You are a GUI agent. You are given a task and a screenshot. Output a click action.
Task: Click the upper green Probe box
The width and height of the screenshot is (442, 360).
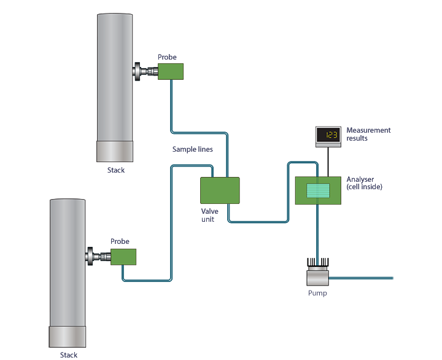click(x=171, y=71)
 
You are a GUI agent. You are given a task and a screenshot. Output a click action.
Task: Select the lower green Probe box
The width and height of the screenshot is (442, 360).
click(x=123, y=257)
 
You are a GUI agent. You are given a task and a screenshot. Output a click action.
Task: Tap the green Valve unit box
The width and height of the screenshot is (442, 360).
click(x=220, y=190)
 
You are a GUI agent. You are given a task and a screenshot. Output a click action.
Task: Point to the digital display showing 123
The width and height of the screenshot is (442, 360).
click(x=328, y=135)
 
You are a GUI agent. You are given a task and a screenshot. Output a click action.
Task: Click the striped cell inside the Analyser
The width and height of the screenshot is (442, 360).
click(x=318, y=190)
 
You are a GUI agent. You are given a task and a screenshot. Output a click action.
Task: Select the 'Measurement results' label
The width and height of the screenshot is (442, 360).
click(x=368, y=134)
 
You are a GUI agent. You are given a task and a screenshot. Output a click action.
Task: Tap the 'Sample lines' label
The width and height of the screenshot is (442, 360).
click(x=193, y=149)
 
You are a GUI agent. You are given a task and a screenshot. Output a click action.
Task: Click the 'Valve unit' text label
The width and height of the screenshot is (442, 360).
click(x=210, y=215)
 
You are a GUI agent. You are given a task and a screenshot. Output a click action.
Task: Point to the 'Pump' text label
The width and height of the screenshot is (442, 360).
click(x=317, y=293)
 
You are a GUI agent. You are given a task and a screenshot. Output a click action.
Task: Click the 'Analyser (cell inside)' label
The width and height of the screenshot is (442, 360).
click(x=364, y=182)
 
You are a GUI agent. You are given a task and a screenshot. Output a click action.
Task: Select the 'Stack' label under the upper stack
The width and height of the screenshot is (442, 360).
click(x=115, y=170)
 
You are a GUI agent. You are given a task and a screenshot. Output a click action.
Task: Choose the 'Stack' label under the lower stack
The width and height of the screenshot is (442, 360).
click(x=69, y=354)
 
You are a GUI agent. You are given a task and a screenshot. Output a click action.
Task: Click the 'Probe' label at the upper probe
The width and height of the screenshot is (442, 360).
click(x=167, y=57)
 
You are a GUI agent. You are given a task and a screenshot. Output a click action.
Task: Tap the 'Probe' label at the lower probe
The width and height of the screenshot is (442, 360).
click(x=120, y=241)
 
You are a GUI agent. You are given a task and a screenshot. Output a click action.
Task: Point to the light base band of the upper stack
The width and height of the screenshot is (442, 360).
click(x=114, y=151)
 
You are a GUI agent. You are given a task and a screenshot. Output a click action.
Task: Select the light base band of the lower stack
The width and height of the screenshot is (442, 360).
click(x=67, y=337)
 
